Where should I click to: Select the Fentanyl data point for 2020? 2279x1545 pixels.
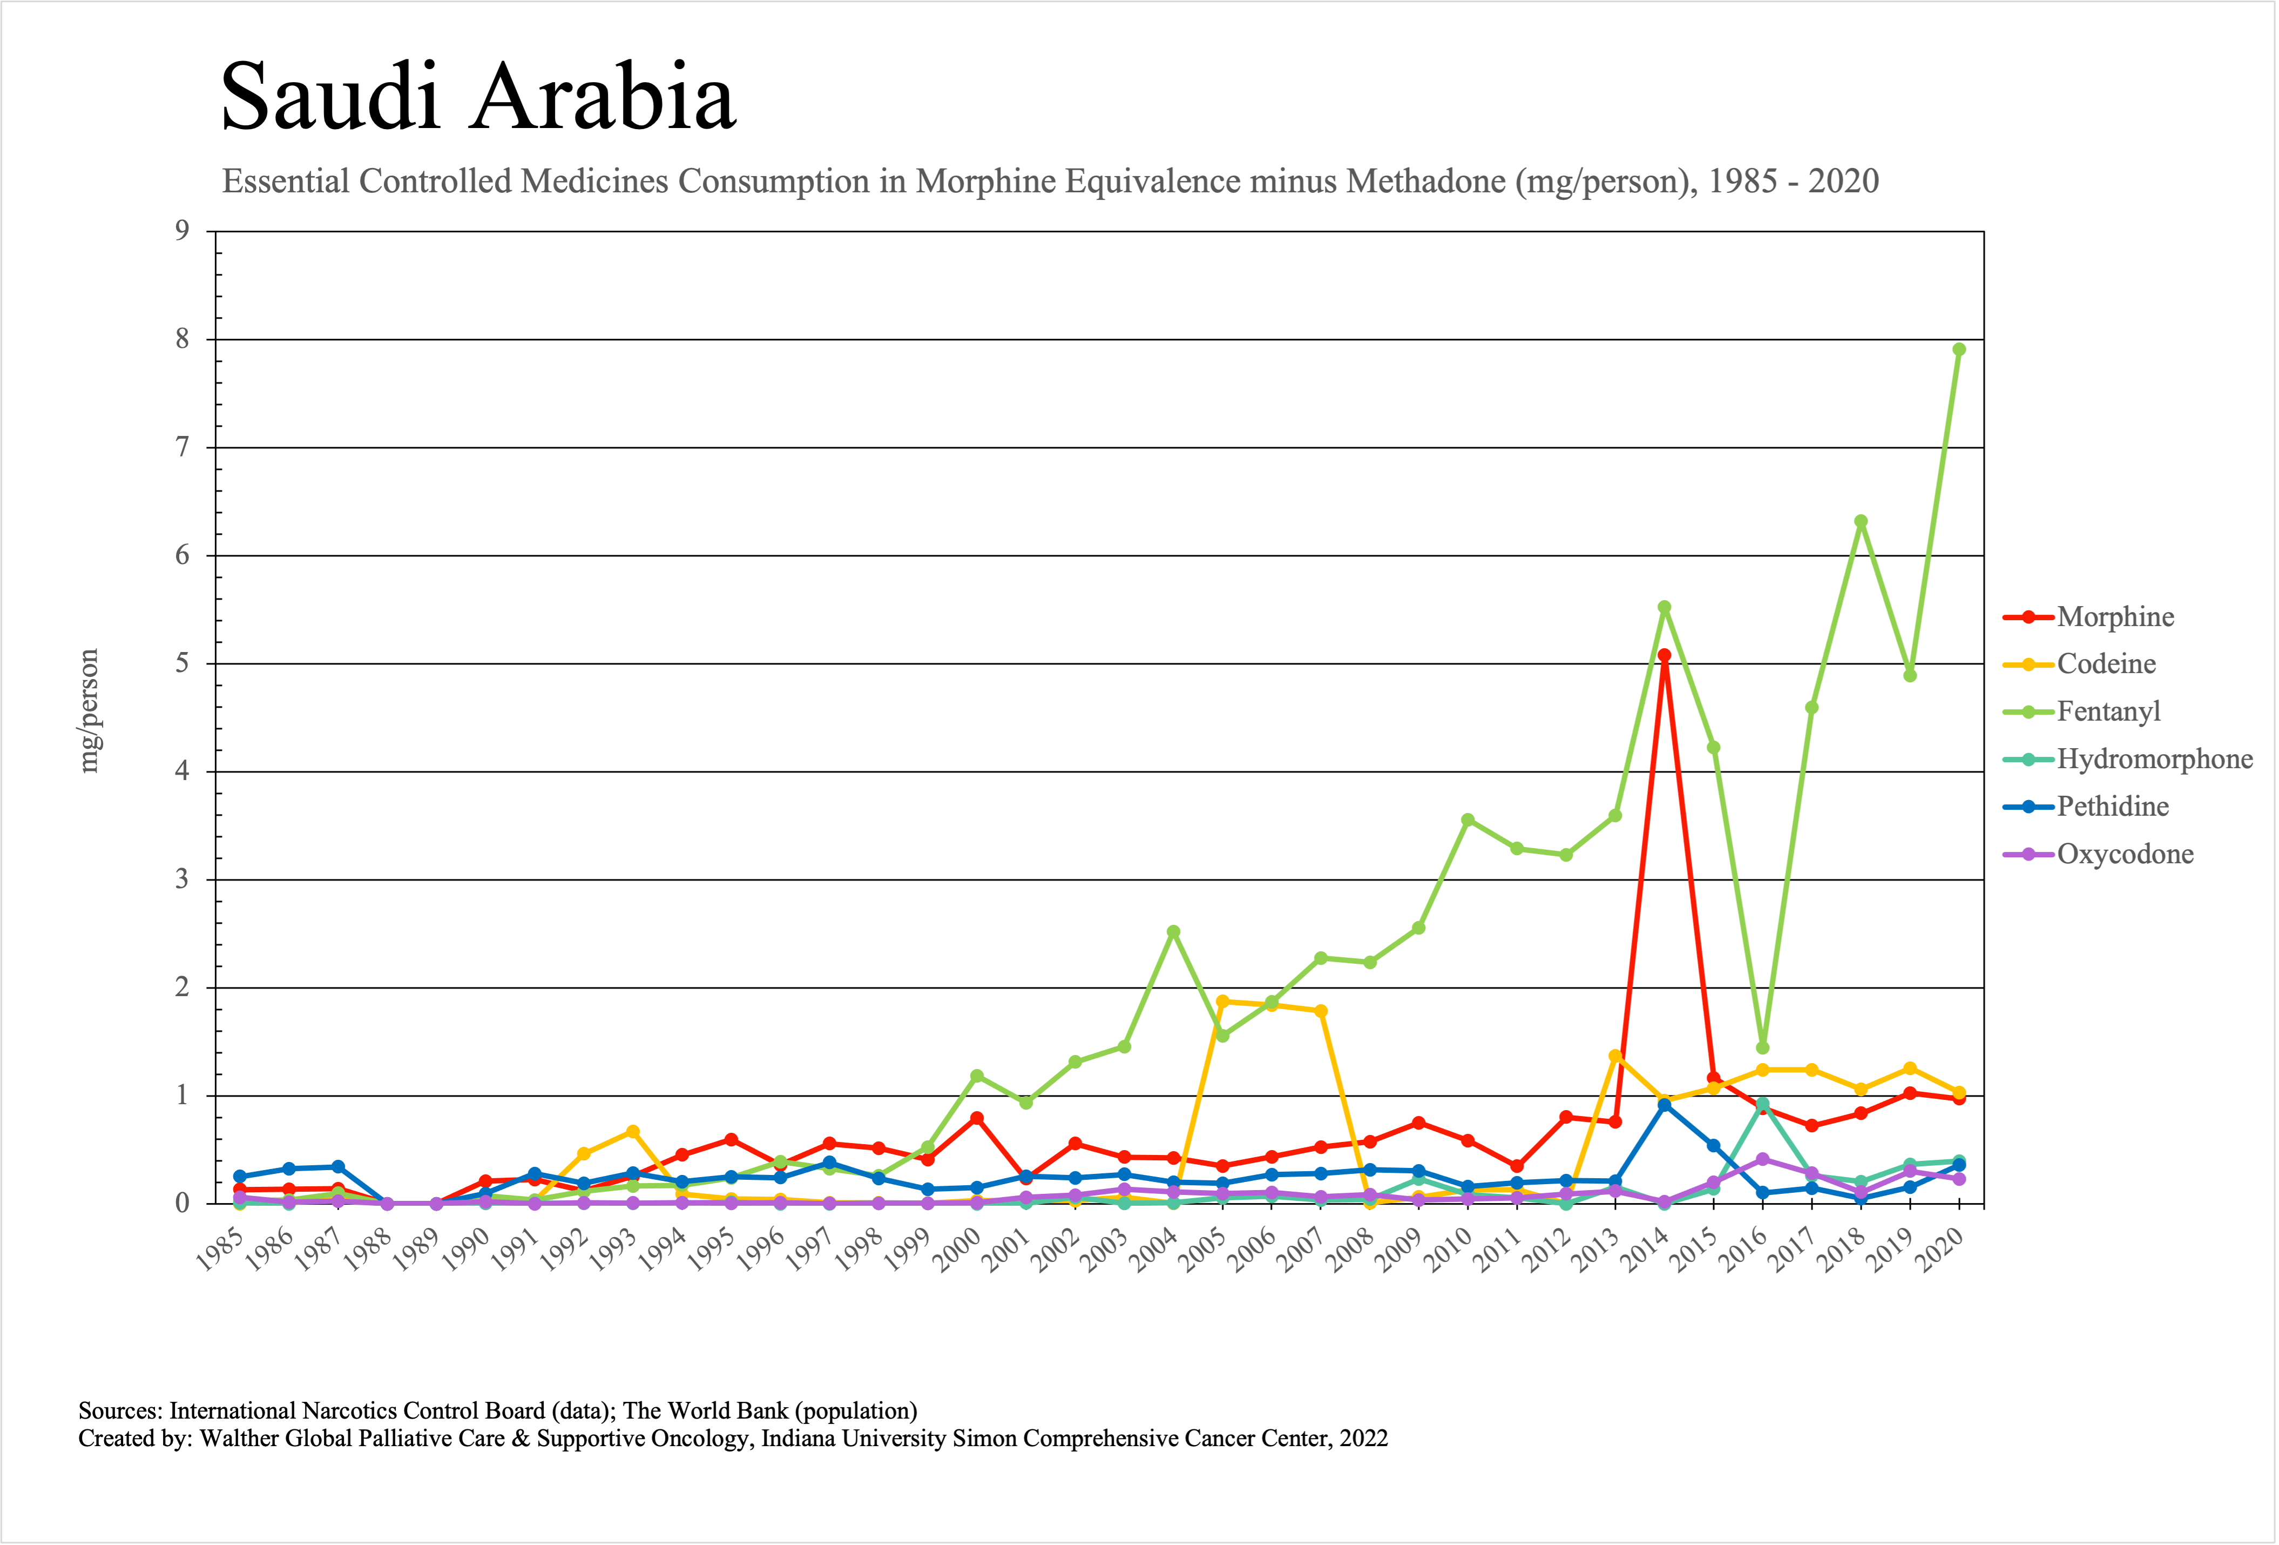click(x=1958, y=349)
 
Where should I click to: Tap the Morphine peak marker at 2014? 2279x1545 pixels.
click(x=1664, y=655)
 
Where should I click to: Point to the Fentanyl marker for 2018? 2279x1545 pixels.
click(x=1860, y=522)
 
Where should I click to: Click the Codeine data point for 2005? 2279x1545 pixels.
click(x=1222, y=1002)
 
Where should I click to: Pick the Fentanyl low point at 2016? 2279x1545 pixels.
click(x=1762, y=1047)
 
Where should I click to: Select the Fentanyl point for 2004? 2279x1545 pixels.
click(x=1173, y=932)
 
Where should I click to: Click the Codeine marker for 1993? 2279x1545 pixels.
click(x=632, y=1131)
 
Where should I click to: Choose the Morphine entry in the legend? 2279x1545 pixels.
click(x=2114, y=617)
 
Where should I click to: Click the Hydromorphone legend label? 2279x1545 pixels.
click(x=2154, y=759)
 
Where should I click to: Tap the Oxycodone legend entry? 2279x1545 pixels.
click(x=2124, y=855)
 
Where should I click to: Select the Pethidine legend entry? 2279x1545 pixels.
click(x=2112, y=807)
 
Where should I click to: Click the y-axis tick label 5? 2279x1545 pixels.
click(x=182, y=664)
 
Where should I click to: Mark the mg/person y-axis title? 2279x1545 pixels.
click(x=89, y=711)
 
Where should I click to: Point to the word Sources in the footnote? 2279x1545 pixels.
click(x=120, y=1410)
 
